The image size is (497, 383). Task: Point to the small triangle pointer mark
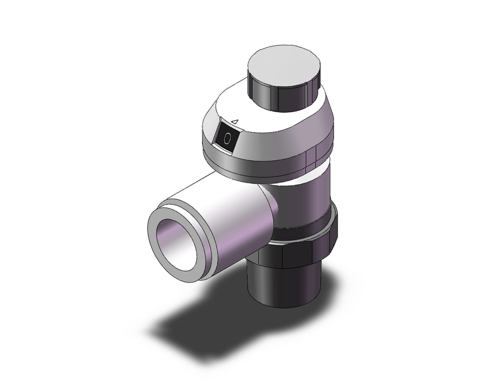coord(236,121)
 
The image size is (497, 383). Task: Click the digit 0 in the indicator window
coord(228,138)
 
